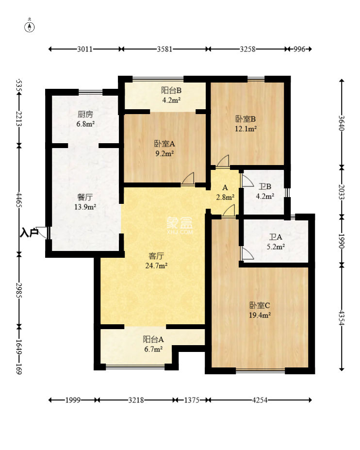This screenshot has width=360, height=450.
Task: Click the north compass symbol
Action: point(30,26)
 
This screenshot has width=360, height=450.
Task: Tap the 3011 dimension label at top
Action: point(85,49)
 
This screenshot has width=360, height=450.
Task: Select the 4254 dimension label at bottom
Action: point(260,400)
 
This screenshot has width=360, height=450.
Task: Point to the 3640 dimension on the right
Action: point(342,123)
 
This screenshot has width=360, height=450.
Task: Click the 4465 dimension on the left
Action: point(19,200)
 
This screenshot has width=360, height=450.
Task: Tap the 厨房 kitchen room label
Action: point(85,114)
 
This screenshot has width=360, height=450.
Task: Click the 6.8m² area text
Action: point(85,124)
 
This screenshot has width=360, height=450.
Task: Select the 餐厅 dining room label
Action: point(85,197)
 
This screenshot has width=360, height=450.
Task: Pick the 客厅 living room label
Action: point(156,256)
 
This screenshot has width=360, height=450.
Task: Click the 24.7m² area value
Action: point(156,266)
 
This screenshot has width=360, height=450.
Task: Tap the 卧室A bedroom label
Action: point(164,144)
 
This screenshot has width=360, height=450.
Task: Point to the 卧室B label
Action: point(245,119)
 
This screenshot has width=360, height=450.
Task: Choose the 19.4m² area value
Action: point(260,315)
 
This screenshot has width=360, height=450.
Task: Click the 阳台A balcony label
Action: point(153,339)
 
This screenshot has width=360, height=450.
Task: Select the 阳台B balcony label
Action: point(171,90)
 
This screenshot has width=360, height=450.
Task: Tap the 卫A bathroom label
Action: point(276,237)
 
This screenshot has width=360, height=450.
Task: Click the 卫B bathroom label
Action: point(265,186)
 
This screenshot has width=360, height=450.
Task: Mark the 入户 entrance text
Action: point(29,233)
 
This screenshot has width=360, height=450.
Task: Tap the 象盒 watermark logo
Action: point(180,222)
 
